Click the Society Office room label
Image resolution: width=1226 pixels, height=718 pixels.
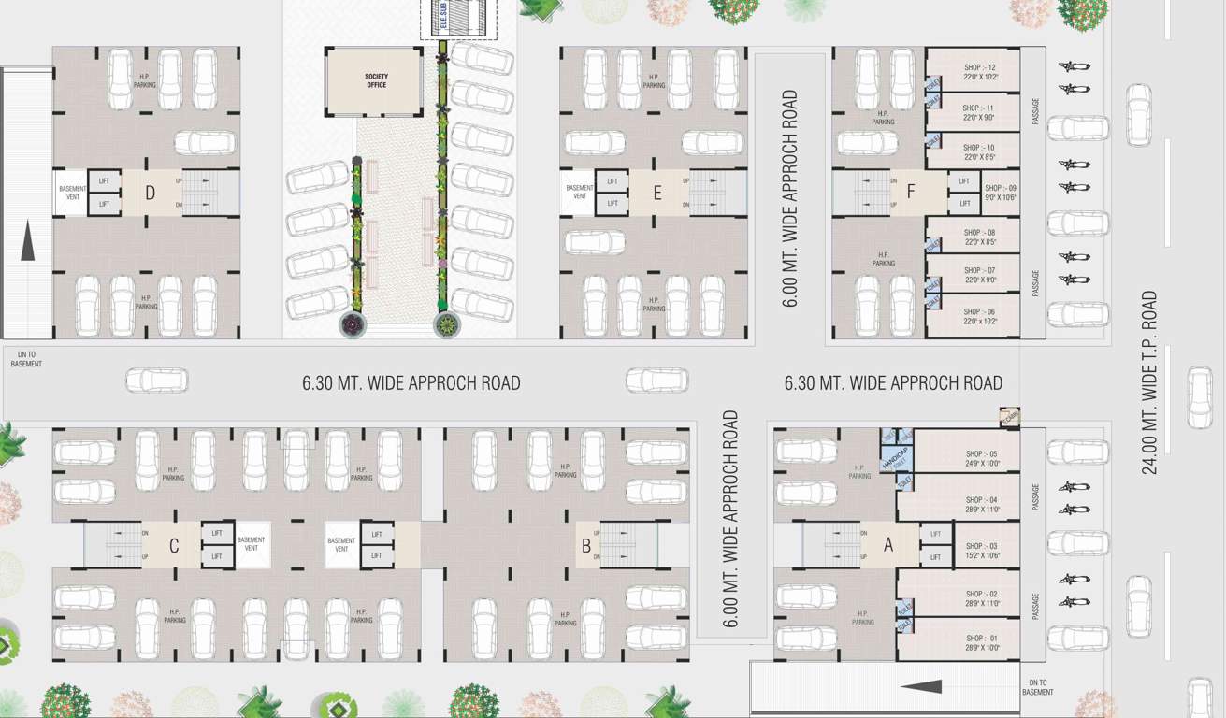pyautogui.click(x=376, y=80)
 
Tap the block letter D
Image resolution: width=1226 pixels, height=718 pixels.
pyautogui.click(x=151, y=194)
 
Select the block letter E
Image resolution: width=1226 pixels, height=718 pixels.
pyautogui.click(x=657, y=194)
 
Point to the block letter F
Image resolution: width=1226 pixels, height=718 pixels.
pyautogui.click(x=910, y=194)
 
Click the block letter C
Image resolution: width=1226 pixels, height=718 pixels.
pyautogui.click(x=174, y=546)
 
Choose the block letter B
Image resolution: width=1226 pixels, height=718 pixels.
pyautogui.click(x=586, y=546)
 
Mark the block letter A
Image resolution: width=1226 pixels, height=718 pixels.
pyautogui.click(x=887, y=546)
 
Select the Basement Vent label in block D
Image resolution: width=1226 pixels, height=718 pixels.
pyautogui.click(x=73, y=193)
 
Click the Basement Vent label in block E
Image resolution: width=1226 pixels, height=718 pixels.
pyautogui.click(x=580, y=193)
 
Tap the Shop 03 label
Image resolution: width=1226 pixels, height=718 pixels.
pyautogui.click(x=981, y=550)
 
